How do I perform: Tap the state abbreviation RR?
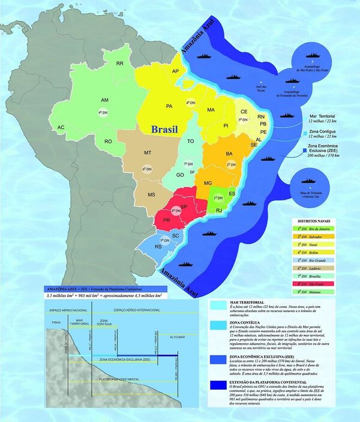(x=120, y=62)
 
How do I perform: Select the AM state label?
(x=104, y=100)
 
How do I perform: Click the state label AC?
(x=61, y=128)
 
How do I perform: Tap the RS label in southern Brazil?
(x=158, y=247)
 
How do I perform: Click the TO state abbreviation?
(x=191, y=141)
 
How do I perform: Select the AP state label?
(x=176, y=71)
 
